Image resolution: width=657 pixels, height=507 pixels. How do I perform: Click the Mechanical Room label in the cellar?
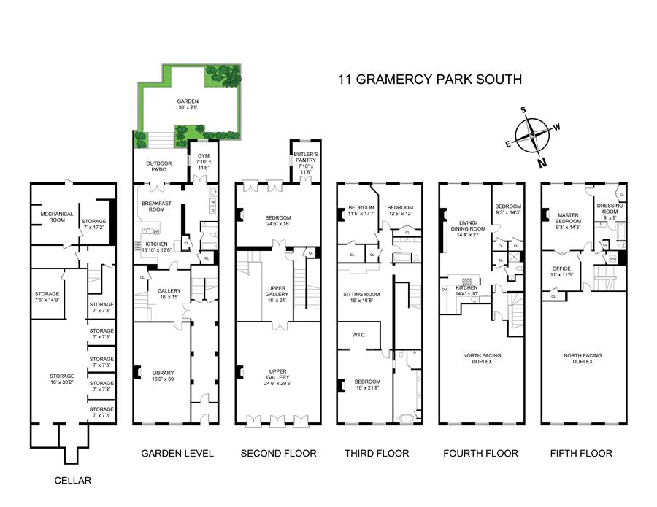tap(56, 217)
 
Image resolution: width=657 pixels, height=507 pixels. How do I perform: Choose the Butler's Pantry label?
tap(304, 160)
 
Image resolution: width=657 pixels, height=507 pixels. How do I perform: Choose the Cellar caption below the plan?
tap(74, 481)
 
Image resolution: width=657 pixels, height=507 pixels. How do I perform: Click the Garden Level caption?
tap(177, 454)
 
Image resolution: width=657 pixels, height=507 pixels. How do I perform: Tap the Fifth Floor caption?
tap(581, 454)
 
